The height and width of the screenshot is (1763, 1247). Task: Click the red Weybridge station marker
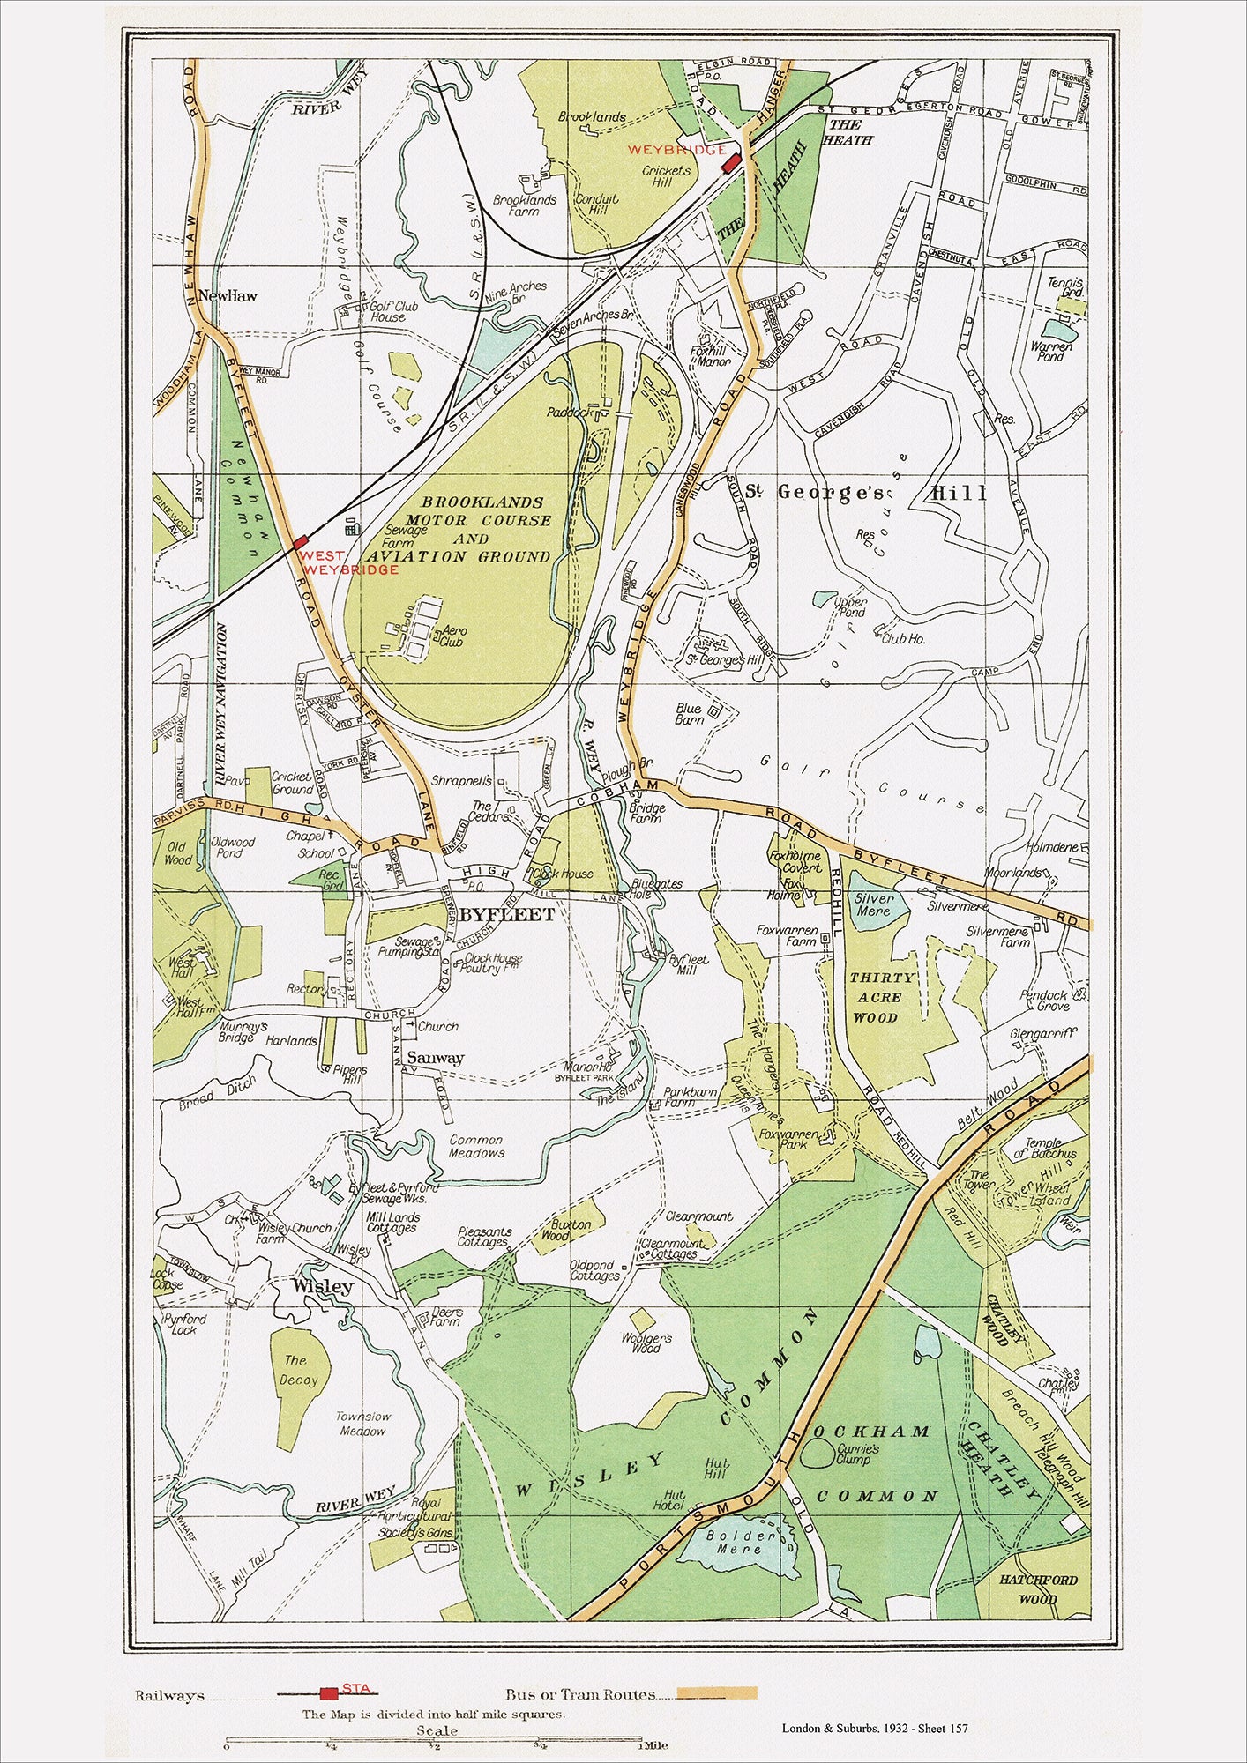730,163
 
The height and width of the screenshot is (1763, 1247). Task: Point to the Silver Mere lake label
873,904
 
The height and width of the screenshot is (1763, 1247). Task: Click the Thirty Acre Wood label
881,997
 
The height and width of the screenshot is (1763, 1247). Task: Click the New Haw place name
228,295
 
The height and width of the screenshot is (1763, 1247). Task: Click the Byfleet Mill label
683,964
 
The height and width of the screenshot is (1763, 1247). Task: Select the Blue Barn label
688,713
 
